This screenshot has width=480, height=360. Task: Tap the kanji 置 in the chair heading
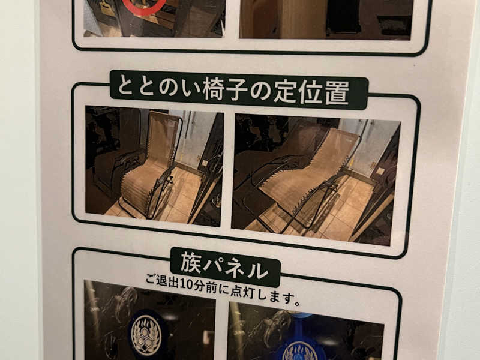click(x=337, y=92)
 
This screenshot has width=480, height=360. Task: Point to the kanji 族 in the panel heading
click(x=191, y=263)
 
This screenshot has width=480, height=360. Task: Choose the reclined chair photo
click(x=316, y=179)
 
